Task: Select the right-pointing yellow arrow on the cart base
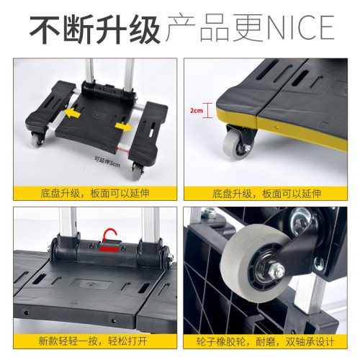coord(122,127)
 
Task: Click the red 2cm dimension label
coord(196,112)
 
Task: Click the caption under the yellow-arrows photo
coord(91,193)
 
